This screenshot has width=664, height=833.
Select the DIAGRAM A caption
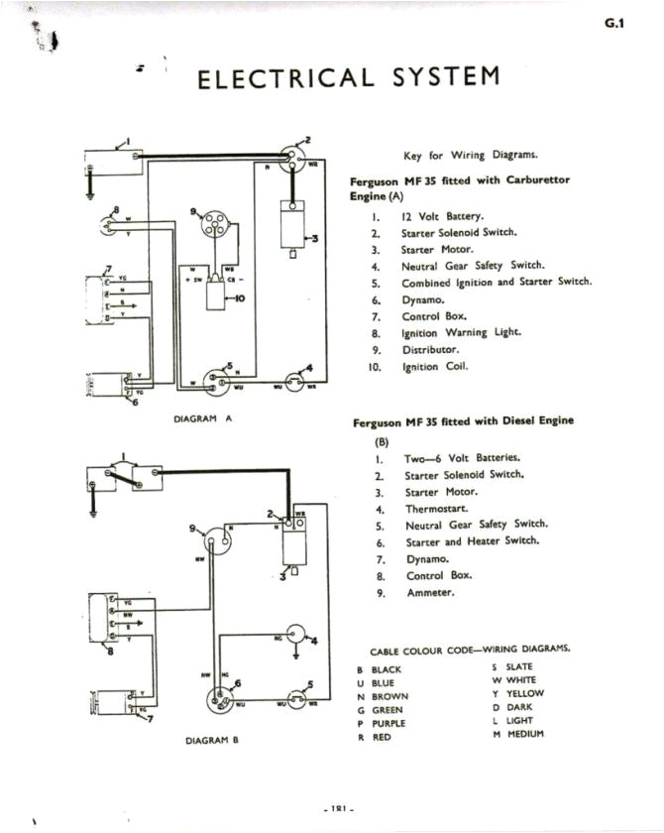[202, 418]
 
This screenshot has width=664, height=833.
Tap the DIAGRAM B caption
[212, 740]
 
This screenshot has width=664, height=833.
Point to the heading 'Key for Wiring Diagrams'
[471, 155]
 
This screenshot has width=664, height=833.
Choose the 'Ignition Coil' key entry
[435, 367]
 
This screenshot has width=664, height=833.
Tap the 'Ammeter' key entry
[429, 593]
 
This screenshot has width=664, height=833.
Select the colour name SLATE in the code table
[519, 667]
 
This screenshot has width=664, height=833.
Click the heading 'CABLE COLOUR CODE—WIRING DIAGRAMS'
[470, 651]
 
